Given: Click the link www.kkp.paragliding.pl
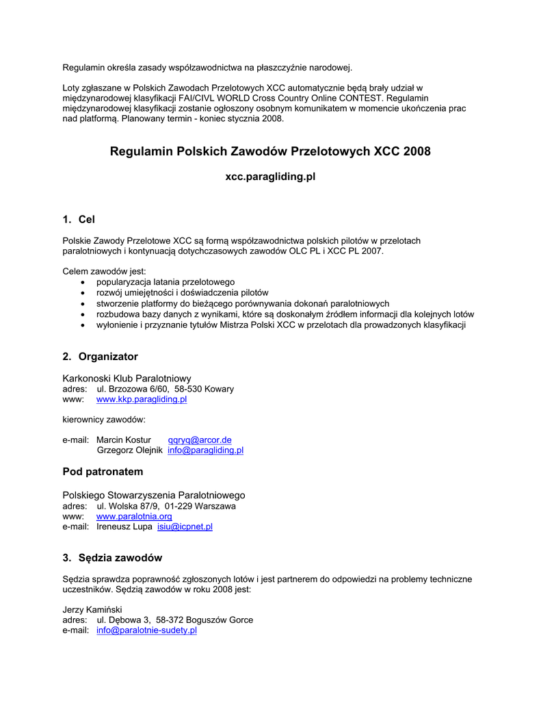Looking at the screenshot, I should [x=142, y=399].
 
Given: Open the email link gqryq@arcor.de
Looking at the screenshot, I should [x=200, y=439].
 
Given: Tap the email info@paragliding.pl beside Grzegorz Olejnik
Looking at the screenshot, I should [x=205, y=450].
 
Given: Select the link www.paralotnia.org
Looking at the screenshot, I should [x=134, y=516].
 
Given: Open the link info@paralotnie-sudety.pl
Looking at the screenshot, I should [x=146, y=630].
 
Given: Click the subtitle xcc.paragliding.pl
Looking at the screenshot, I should [x=270, y=177].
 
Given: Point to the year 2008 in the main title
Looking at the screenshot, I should [x=417, y=151].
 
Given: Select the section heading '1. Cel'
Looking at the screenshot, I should [x=79, y=220].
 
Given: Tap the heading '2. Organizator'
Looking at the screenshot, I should [x=101, y=357].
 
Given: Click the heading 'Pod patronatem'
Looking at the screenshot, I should [x=103, y=472].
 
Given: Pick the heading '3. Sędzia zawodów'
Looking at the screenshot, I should [x=112, y=558].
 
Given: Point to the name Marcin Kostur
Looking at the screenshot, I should [x=124, y=439].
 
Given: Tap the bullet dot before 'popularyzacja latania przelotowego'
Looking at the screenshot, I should [x=83, y=282].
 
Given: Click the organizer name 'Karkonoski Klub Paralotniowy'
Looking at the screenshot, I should [x=127, y=378].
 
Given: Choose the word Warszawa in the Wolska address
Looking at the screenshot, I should [x=214, y=506].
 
